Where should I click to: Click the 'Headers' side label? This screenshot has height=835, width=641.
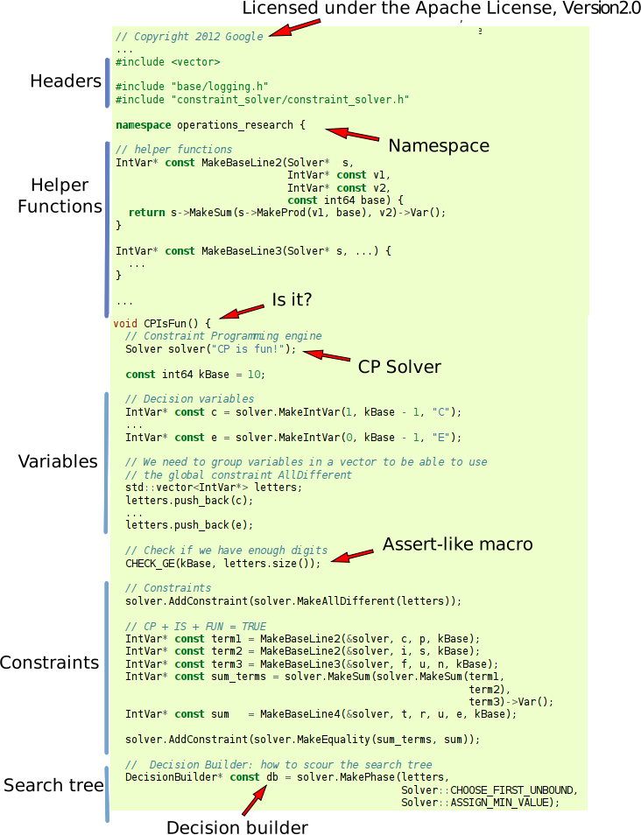pyautogui.click(x=66, y=81)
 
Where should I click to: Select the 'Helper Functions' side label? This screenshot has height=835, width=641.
pyautogui.click(x=60, y=196)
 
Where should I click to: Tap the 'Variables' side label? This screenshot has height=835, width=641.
pyautogui.click(x=58, y=461)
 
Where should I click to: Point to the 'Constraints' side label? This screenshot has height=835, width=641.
pyautogui.click(x=49, y=663)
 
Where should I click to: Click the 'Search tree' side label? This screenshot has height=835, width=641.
pyautogui.click(x=53, y=785)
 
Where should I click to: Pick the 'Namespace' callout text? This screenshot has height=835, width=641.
pyautogui.click(x=438, y=145)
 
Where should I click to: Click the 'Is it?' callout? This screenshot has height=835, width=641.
pyautogui.click(x=292, y=300)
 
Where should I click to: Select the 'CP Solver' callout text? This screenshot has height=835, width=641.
pyautogui.click(x=399, y=367)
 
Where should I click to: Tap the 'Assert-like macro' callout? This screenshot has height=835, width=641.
pyautogui.click(x=457, y=544)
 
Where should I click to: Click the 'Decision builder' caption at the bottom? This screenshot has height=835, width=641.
pyautogui.click(x=236, y=827)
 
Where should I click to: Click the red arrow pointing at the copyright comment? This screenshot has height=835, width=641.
pyautogui.click(x=295, y=26)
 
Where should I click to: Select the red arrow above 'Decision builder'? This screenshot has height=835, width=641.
pyautogui.click(x=253, y=801)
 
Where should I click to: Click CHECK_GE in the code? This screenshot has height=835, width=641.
pyautogui.click(x=151, y=563)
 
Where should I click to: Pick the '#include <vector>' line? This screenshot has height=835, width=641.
pyautogui.click(x=167, y=62)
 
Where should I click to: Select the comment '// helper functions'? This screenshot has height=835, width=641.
pyautogui.click(x=173, y=150)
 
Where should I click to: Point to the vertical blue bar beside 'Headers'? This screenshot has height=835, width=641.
pyautogui.click(x=107, y=82)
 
